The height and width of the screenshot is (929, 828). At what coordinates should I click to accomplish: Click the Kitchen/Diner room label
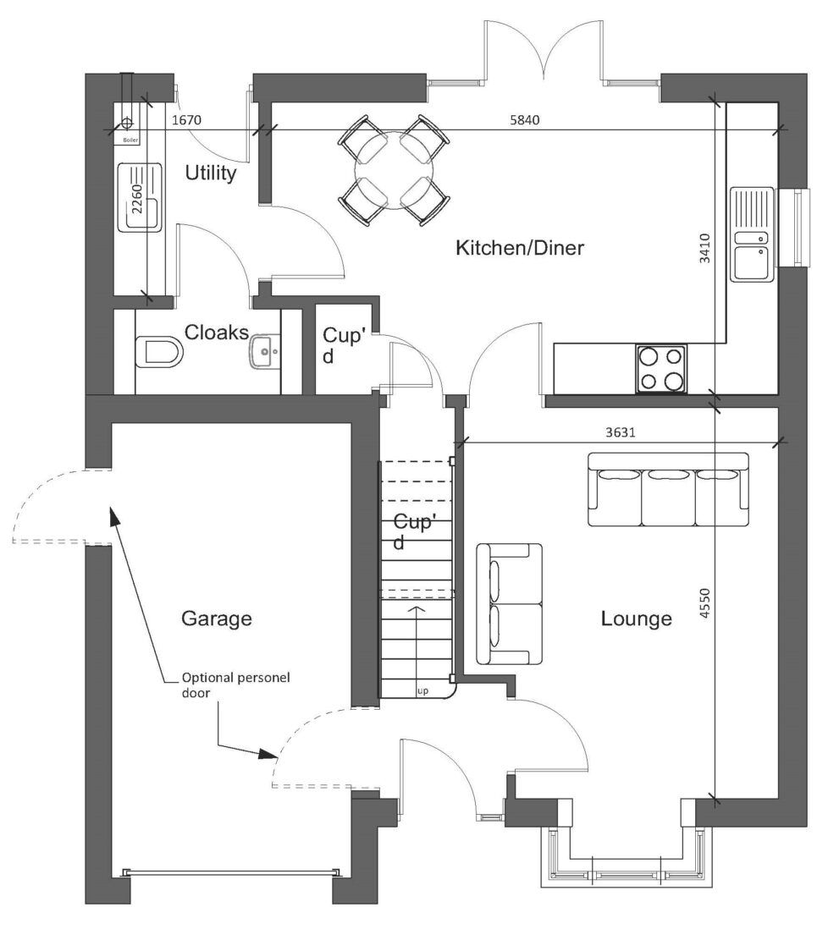pyautogui.click(x=520, y=248)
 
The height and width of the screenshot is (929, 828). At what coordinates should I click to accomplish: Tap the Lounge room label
pyautogui.click(x=636, y=618)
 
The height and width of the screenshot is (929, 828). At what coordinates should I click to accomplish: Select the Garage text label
pyautogui.click(x=217, y=618)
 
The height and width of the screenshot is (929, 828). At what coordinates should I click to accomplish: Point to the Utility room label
pyautogui.click(x=210, y=173)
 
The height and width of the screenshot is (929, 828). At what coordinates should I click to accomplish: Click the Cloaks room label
pyautogui.click(x=216, y=332)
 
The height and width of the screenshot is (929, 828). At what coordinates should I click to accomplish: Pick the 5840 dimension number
pyautogui.click(x=525, y=120)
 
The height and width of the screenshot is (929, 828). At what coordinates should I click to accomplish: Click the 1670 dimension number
pyautogui.click(x=186, y=120)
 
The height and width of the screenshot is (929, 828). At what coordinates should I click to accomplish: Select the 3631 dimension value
pyautogui.click(x=620, y=432)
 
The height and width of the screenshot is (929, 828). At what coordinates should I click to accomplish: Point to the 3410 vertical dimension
pyautogui.click(x=705, y=249)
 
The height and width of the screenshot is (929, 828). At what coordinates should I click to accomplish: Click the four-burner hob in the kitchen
pyautogui.click(x=661, y=370)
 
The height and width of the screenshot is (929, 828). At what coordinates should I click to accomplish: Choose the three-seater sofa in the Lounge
pyautogui.click(x=669, y=490)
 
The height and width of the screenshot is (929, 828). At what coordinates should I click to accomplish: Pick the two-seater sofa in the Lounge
pyautogui.click(x=509, y=604)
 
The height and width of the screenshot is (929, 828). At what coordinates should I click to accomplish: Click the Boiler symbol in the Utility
pyautogui.click(x=127, y=125)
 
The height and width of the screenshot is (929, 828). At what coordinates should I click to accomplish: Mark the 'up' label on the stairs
pyautogui.click(x=421, y=690)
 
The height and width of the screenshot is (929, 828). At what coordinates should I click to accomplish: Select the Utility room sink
pyautogui.click(x=142, y=196)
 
